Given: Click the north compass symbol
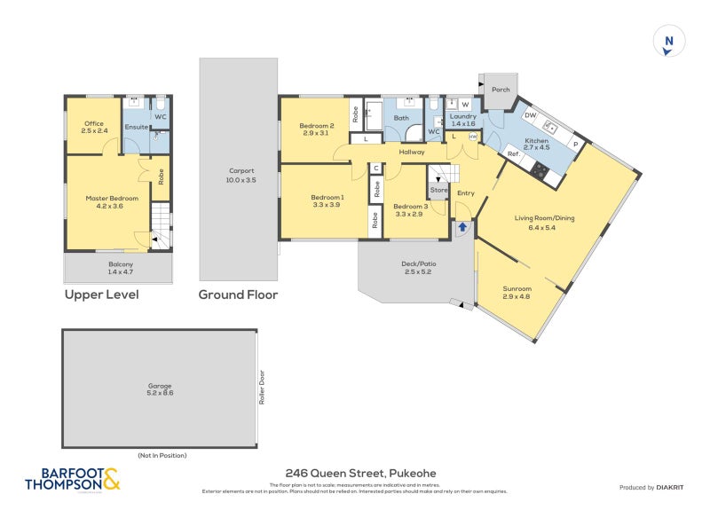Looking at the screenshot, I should (669, 42).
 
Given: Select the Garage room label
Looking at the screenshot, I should (161, 388).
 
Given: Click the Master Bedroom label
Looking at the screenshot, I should (112, 202).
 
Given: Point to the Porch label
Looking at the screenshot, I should (500, 90).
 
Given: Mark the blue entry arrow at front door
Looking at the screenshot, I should (462, 227).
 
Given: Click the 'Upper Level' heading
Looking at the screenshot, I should (101, 295).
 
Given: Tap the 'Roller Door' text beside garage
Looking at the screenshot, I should (263, 387).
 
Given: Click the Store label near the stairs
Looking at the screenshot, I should (438, 189).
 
